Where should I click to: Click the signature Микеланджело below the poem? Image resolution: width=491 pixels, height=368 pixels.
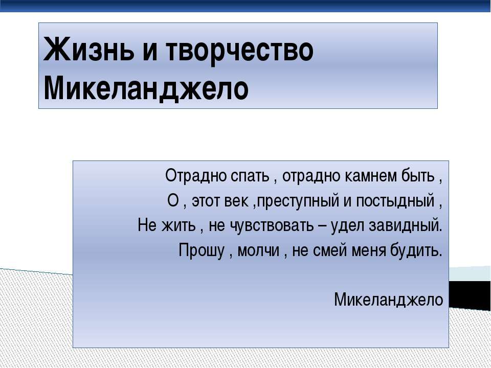coord(389,300)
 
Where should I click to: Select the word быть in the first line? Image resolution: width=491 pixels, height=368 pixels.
coord(418,177)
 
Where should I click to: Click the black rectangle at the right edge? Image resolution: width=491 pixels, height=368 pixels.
coord(470,294)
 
